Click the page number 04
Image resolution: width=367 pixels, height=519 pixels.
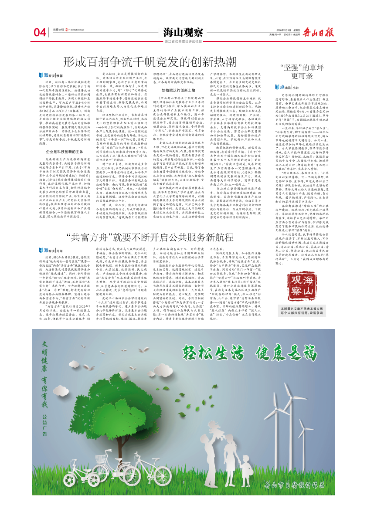tap(40, 32)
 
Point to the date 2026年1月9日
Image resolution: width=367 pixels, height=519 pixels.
tap(278, 30)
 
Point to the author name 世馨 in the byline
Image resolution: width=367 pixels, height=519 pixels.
tap(60, 75)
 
